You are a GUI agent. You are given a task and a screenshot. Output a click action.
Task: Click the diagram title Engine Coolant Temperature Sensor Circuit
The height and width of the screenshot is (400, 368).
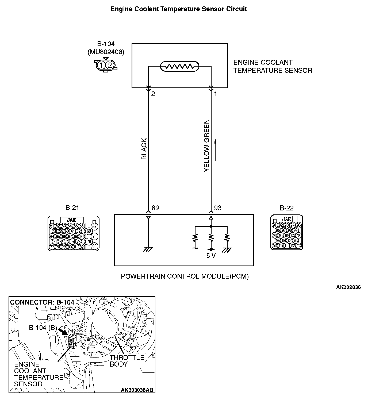tap(179, 9)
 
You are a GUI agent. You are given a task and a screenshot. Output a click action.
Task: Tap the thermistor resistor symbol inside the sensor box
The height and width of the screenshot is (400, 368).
tap(179, 66)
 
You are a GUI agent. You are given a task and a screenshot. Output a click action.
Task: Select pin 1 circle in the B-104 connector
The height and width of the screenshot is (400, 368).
tap(101, 65)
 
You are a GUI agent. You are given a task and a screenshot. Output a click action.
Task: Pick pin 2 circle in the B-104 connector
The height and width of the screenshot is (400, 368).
tap(110, 65)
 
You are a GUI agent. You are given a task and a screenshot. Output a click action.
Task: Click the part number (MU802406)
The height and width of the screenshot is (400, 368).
tap(106, 52)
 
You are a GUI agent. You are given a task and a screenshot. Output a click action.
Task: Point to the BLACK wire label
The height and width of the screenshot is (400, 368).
tap(144, 149)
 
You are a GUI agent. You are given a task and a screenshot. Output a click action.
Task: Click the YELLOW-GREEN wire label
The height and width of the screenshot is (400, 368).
tap(206, 146)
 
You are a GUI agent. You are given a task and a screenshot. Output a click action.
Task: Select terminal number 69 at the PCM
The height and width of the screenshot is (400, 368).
tap(155, 208)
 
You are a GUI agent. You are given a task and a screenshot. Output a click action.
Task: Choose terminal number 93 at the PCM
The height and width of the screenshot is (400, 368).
tap(218, 208)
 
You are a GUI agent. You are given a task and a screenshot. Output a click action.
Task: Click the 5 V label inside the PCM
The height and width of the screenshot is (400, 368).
tap(211, 256)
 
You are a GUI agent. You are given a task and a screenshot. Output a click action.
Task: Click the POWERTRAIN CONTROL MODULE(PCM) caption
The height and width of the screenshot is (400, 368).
tap(185, 276)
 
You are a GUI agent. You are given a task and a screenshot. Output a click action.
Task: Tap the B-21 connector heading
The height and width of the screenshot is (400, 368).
tap(72, 208)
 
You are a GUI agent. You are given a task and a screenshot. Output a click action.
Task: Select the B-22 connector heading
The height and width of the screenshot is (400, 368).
tap(287, 208)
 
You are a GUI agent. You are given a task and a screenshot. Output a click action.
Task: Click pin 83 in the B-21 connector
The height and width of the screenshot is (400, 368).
tap(94, 246)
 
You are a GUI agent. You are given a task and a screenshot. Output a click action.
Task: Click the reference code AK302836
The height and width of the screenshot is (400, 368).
tap(348, 287)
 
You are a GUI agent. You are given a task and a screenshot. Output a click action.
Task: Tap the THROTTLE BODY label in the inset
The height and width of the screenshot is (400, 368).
tap(127, 361)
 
